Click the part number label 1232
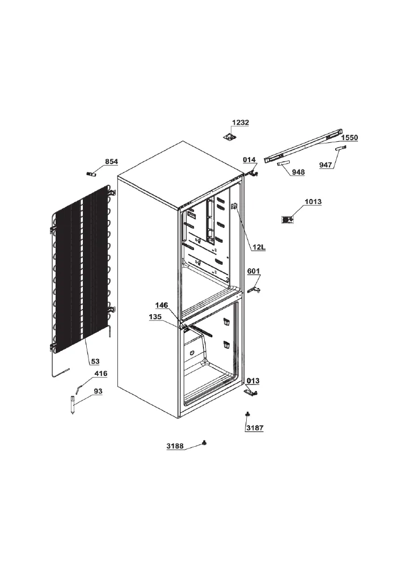pos(240,122)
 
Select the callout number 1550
pos(349,137)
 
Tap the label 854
pos(111,162)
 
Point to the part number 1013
pos(313,201)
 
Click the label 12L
pos(259,247)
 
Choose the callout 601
pos(254,271)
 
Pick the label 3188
pos(175,446)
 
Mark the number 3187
pos(255,428)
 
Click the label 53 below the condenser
pos(95,361)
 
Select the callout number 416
pos(101,374)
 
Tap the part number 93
pos(98,391)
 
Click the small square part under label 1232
pos(229,137)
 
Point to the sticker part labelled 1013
pos(288,219)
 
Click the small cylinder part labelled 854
pos(91,174)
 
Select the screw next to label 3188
pos(205,443)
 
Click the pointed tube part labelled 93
pos(73,405)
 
